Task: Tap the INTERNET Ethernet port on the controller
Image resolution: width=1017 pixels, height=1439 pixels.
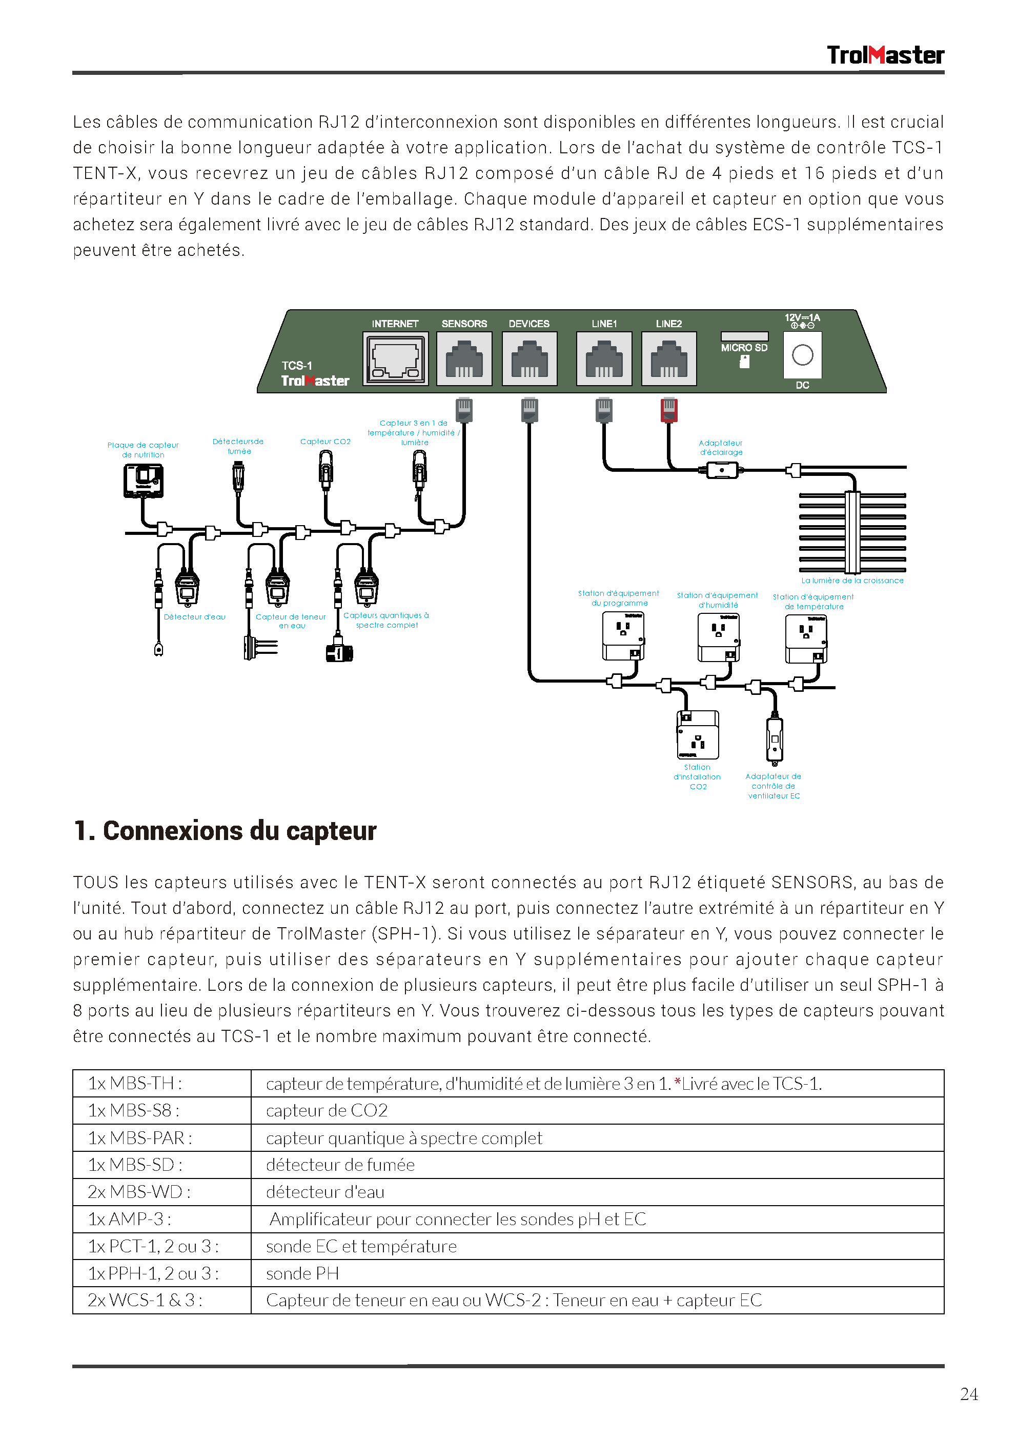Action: [395, 358]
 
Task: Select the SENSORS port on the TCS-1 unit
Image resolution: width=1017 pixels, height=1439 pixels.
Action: [464, 358]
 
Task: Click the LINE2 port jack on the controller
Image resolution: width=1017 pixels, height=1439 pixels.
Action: [668, 358]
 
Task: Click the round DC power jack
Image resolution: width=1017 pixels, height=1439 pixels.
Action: [802, 355]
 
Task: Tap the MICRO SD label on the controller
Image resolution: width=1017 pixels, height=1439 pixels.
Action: [744, 348]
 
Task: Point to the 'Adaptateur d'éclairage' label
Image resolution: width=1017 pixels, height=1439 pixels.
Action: [721, 448]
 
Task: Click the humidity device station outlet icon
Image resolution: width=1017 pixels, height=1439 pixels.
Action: [719, 637]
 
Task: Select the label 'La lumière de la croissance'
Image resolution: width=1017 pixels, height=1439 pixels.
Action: [852, 581]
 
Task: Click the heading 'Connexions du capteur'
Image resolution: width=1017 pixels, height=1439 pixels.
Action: [225, 831]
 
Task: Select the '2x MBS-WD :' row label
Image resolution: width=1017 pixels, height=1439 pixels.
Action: [139, 1192]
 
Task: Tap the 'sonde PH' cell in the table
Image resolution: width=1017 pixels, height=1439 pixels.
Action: [302, 1273]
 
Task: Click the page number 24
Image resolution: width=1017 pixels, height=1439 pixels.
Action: [969, 1394]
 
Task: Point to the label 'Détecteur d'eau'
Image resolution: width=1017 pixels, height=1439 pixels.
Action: [194, 617]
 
